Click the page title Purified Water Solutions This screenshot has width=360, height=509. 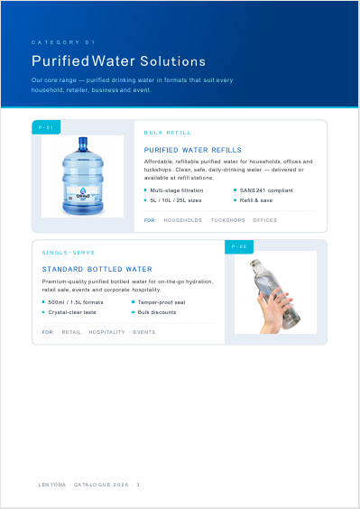(x=118, y=61)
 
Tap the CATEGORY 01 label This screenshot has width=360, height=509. (x=63, y=42)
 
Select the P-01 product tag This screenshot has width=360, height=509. (x=46, y=127)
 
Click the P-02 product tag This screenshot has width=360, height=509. (x=239, y=246)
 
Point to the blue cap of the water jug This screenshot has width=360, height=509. (x=83, y=143)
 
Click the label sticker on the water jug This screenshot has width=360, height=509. (x=83, y=193)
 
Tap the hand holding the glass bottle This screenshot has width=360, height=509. (x=274, y=311)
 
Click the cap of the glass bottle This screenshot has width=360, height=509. (x=255, y=263)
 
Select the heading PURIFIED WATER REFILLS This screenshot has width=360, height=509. (x=193, y=150)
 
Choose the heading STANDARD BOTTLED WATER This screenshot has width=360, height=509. (x=97, y=269)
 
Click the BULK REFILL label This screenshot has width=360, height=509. (x=168, y=133)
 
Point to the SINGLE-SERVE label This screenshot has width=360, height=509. (x=69, y=253)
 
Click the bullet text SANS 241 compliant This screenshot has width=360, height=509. (x=266, y=190)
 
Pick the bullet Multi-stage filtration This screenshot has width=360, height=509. (x=177, y=190)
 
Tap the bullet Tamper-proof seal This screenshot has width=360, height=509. (x=162, y=302)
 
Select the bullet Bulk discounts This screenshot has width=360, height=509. (x=157, y=312)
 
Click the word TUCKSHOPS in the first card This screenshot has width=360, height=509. (x=228, y=220)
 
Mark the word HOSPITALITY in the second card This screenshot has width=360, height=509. (x=106, y=332)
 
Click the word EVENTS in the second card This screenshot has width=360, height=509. (x=144, y=332)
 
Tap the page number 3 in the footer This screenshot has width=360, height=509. (x=138, y=485)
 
